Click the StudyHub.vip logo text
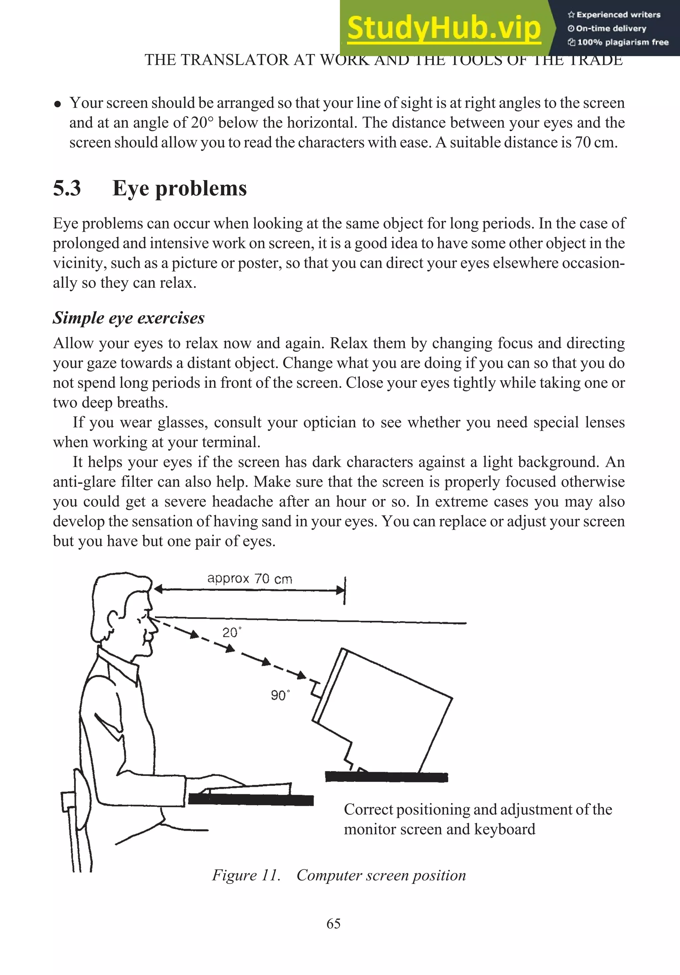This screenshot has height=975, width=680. pyautogui.click(x=444, y=28)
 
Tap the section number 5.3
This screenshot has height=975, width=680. pyautogui.click(x=67, y=188)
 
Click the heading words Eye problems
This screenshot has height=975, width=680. pyautogui.click(x=179, y=188)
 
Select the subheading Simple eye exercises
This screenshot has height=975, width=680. pyautogui.click(x=128, y=318)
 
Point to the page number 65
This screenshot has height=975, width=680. pyautogui.click(x=333, y=923)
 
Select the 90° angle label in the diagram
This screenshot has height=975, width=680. pyautogui.click(x=280, y=695)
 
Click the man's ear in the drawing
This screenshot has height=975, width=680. pyautogui.click(x=114, y=620)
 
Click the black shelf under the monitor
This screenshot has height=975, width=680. pyautogui.click(x=386, y=777)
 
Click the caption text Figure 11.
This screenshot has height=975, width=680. pyautogui.click(x=246, y=875)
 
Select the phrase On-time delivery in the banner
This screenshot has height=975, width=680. pyautogui.click(x=611, y=29)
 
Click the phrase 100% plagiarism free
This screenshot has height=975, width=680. pyautogui.click(x=622, y=42)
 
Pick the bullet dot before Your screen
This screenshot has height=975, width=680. pyautogui.click(x=58, y=104)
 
